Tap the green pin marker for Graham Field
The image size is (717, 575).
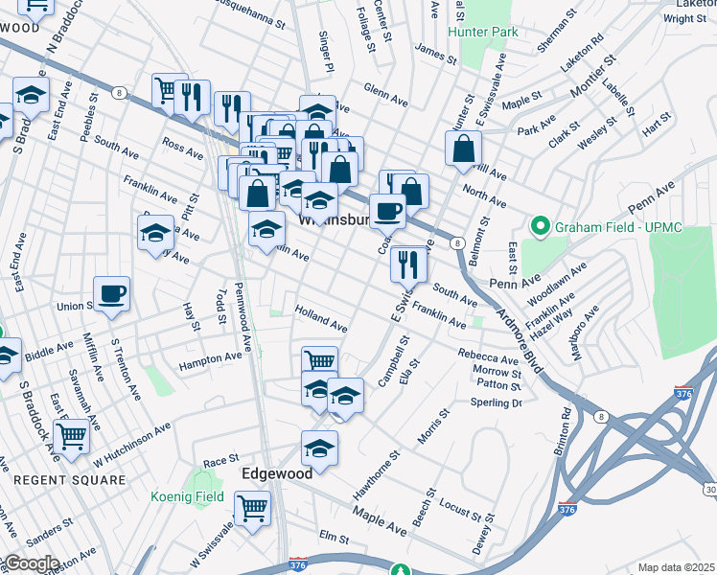(541, 227)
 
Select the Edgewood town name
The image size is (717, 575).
(277, 473)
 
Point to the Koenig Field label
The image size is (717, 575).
(187, 496)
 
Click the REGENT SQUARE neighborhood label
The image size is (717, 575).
(70, 479)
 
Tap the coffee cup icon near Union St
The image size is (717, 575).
(112, 292)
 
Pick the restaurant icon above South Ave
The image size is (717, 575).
(408, 263)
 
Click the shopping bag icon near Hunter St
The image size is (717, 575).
(463, 149)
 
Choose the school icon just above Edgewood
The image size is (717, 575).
(319, 447)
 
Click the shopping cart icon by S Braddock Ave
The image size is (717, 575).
(71, 436)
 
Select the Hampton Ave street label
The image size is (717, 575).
(211, 358)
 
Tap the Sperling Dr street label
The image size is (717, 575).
(495, 402)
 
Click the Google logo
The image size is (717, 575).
(32, 563)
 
